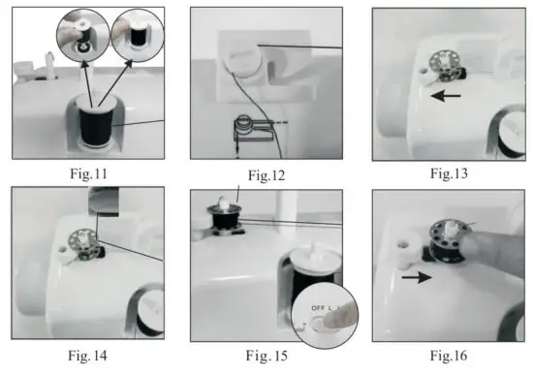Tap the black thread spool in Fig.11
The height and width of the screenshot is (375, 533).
pyautogui.click(x=94, y=126)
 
